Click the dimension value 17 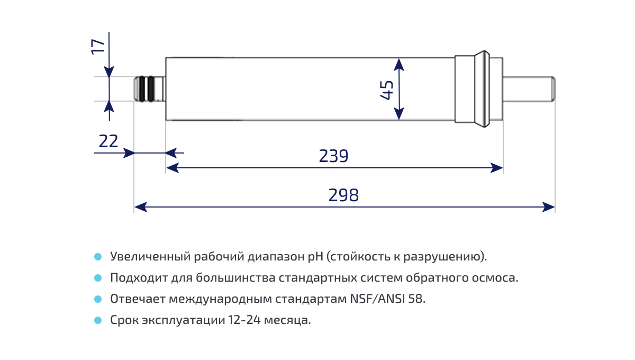[x=98, y=46]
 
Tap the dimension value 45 [x=387, y=89]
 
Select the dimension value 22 [x=108, y=141]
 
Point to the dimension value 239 [x=333, y=156]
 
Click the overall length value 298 [x=343, y=195]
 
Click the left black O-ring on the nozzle [x=142, y=89]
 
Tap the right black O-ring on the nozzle [x=151, y=89]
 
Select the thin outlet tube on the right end [x=528, y=89]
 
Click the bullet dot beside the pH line [x=97, y=257]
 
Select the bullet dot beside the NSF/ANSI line [x=97, y=299]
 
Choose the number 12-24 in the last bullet [x=246, y=320]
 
